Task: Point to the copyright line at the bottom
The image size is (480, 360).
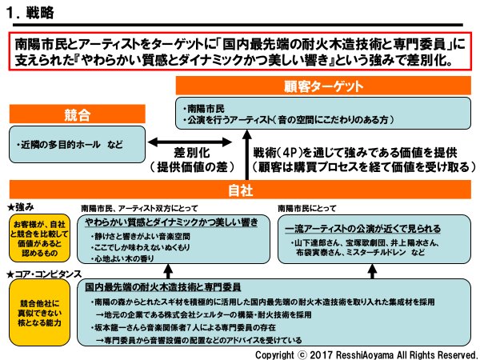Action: click(x=365, y=353)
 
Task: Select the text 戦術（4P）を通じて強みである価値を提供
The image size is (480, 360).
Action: click(x=355, y=152)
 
